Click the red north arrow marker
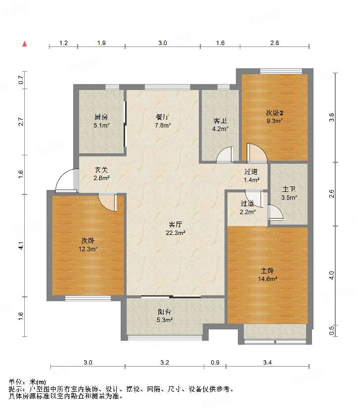25,44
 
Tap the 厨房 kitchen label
101,117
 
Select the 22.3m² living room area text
176,233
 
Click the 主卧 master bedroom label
268,271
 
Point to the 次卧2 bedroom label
274,113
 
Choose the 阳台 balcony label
165,312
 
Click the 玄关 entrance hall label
101,170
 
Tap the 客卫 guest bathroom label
220,121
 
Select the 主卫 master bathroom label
289,189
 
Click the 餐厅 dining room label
163,117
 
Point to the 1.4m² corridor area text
252,180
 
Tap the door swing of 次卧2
257,152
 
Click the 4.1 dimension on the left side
21,246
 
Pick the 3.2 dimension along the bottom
165,363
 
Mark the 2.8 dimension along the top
274,43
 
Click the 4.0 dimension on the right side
331,275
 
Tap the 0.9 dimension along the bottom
215,363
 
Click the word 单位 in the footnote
15,382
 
